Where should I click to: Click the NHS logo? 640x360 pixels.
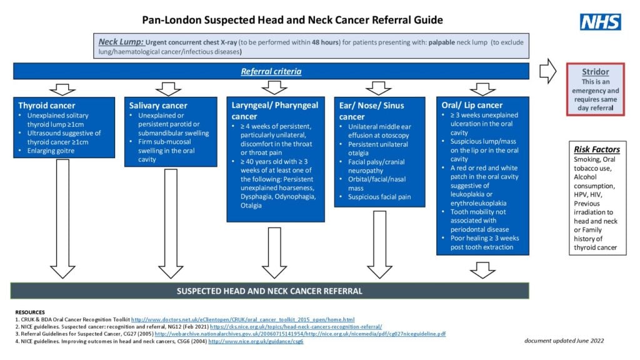tap(600, 22)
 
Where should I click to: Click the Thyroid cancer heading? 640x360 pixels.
tap(47, 106)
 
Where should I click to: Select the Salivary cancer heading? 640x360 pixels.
tap(158, 106)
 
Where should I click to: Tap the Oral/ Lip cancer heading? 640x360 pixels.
tap(472, 105)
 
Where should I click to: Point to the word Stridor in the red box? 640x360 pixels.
tap(596, 72)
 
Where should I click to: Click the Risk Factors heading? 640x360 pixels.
tap(597, 149)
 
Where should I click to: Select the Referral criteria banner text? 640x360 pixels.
tap(271, 71)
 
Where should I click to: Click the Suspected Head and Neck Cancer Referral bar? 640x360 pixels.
tap(269, 291)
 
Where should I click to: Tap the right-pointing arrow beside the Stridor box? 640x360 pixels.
tap(547, 71)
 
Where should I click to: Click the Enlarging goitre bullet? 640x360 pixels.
tap(51, 151)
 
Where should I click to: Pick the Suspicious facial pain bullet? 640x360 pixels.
tap(379, 197)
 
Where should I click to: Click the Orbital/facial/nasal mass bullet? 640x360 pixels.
tap(377, 184)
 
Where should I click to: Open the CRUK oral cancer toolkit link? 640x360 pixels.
tap(242, 319)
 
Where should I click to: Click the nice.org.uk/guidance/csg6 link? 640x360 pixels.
tap(256, 342)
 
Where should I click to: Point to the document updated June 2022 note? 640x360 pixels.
tap(564, 340)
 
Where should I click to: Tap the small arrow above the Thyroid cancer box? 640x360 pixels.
tap(62, 88)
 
